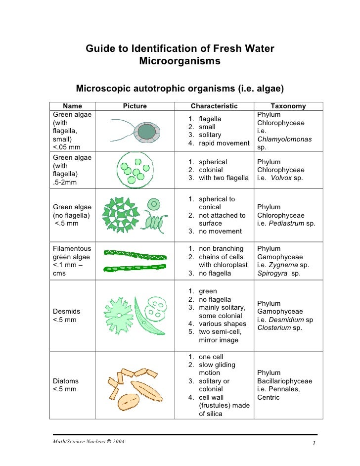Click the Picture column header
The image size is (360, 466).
click(x=135, y=106)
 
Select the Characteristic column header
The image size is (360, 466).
click(x=214, y=106)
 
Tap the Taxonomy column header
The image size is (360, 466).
click(x=288, y=106)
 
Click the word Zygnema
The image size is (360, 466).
click(x=285, y=265)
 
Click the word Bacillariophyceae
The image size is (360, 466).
click(x=285, y=381)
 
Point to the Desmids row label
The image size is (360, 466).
click(x=66, y=311)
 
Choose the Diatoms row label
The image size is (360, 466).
click(x=66, y=381)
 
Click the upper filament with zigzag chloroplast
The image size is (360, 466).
click(x=140, y=255)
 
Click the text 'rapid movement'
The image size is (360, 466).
click(x=224, y=143)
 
